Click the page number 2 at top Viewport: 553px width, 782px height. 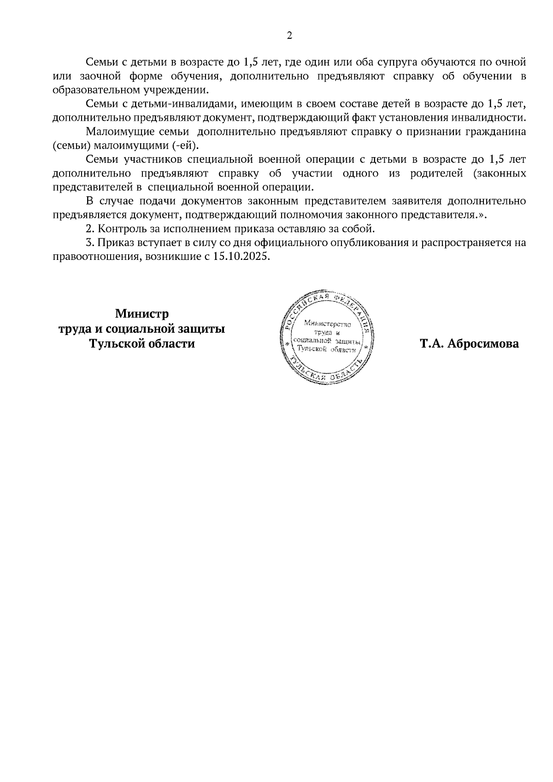point(289,35)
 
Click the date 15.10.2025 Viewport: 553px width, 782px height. point(241,257)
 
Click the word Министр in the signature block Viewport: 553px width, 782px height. point(142,314)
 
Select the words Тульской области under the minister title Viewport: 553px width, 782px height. point(142,344)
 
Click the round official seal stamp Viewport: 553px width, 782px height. point(328,337)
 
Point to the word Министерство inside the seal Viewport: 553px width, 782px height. point(328,324)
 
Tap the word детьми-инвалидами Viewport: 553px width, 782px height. point(169,103)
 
